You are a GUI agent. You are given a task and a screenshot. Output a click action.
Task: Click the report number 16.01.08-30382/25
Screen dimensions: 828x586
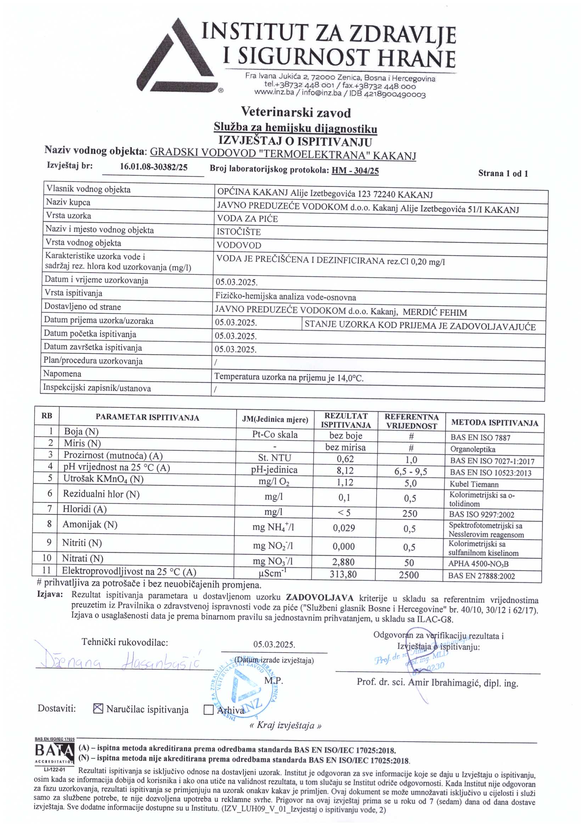coord(153,167)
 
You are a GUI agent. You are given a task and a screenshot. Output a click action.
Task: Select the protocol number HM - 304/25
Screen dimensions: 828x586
coord(355,171)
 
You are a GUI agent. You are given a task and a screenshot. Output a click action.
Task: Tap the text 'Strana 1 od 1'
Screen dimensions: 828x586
coord(503,174)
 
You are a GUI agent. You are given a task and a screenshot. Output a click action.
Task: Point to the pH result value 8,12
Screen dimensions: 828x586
coord(345,471)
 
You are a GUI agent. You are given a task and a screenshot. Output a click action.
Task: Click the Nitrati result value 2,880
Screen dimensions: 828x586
coord(344,562)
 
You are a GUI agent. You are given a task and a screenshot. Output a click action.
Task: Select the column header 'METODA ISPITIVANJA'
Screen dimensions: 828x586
coord(494,422)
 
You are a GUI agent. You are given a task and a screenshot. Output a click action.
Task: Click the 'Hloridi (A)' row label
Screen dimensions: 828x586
coord(84,509)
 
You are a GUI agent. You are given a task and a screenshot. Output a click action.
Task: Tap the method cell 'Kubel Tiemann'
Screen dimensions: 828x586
coord(474,484)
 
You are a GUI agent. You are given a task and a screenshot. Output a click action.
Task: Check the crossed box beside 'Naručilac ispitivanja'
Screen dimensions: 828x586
coord(98,709)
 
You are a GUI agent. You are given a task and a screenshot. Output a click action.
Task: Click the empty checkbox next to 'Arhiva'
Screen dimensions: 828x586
coord(209,710)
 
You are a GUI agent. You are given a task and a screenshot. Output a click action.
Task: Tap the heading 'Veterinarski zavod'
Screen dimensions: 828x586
coord(295,113)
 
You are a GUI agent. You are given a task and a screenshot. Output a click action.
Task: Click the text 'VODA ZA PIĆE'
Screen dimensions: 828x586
coord(247,219)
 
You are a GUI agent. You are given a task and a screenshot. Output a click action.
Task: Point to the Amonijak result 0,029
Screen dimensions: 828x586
coord(344,528)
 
